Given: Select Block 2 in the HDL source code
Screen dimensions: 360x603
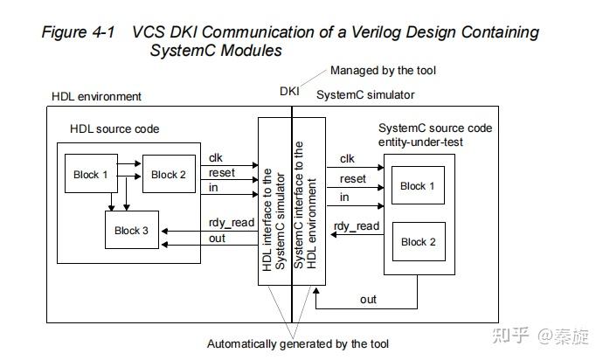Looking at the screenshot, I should [x=169, y=175].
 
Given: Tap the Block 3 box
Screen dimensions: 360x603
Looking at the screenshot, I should [x=132, y=231].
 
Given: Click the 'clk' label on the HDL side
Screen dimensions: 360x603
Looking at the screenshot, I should [x=216, y=158].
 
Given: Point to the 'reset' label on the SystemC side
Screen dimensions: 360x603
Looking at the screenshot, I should [x=353, y=179].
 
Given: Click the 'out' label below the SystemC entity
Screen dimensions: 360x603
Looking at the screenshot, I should [x=368, y=300].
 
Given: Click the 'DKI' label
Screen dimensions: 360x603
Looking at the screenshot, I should [x=289, y=91].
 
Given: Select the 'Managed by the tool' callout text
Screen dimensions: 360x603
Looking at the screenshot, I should [x=382, y=70].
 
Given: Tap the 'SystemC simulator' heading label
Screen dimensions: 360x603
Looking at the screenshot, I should [x=365, y=94].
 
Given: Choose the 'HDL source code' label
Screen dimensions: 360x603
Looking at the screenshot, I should [x=114, y=129].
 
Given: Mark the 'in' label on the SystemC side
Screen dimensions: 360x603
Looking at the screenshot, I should [x=344, y=198].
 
